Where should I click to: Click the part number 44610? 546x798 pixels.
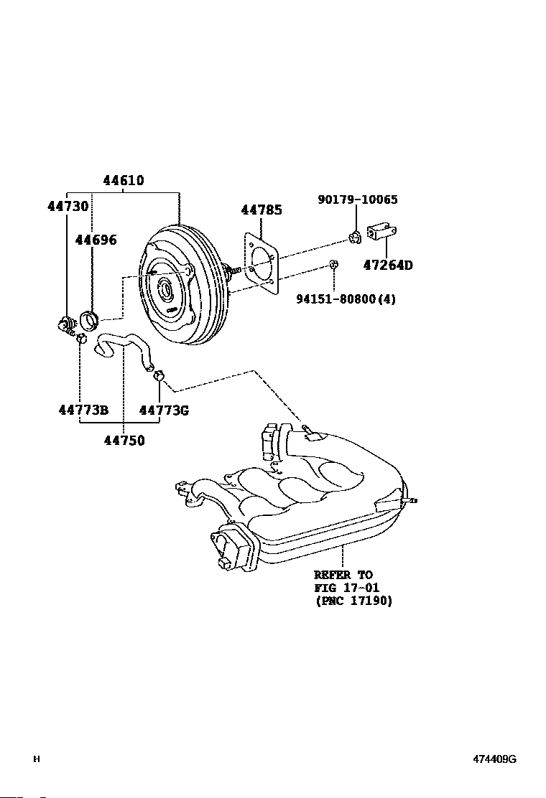pyautogui.click(x=124, y=180)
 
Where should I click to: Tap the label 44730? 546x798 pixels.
pyautogui.click(x=68, y=206)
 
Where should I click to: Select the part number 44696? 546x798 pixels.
pyautogui.click(x=96, y=240)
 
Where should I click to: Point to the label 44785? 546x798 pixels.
pyautogui.click(x=262, y=210)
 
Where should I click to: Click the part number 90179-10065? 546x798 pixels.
pyautogui.click(x=358, y=199)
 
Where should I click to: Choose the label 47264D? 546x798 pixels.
pyautogui.click(x=388, y=265)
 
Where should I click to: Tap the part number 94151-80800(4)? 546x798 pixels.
pyautogui.click(x=346, y=299)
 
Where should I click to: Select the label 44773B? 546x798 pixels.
pyautogui.click(x=84, y=410)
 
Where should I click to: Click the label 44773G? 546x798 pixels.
pyautogui.click(x=164, y=410)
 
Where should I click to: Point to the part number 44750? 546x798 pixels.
pyautogui.click(x=124, y=440)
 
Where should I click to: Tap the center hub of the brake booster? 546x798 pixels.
pyautogui.click(x=165, y=291)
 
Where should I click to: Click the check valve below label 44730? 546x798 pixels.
pyautogui.click(x=66, y=324)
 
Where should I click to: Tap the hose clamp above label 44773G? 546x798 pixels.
pyautogui.click(x=158, y=376)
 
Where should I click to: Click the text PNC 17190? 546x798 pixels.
pyautogui.click(x=354, y=601)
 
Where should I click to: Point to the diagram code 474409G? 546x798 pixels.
pyautogui.click(x=494, y=759)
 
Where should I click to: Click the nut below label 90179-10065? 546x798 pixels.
pyautogui.click(x=355, y=237)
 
